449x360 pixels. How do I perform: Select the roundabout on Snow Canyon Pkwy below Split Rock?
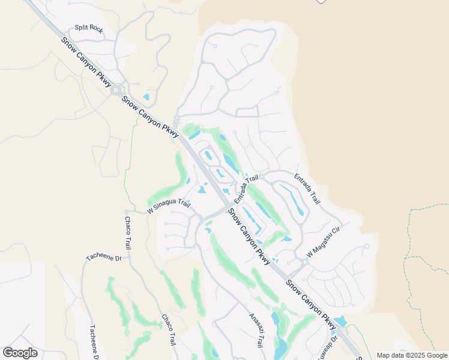[x=116, y=89]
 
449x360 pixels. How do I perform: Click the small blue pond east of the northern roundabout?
[x=146, y=97]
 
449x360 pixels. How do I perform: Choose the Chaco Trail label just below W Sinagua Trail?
[x=128, y=234]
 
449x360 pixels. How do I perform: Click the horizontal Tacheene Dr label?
[x=103, y=257]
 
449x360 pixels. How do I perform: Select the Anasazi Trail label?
[x=256, y=331]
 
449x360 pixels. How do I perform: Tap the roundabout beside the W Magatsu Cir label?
[x=305, y=262]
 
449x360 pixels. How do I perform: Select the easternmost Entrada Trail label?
[x=307, y=187]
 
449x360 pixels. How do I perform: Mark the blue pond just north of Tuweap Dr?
[x=340, y=321]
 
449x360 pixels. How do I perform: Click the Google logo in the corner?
[x=20, y=353]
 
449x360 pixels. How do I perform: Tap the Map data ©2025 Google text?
[x=412, y=355]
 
